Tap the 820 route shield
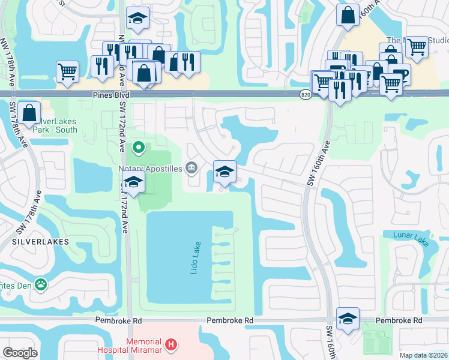pos(305,95)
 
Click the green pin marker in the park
pos(138,146)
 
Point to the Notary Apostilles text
pos(150,169)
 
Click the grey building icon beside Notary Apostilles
pos(191,167)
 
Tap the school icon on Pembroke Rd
pos(348,319)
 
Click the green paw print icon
pos(41,284)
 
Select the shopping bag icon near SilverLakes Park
pos(29,112)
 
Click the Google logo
pos(20,352)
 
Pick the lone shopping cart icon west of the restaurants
pos(67,71)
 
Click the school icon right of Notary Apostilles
pos(224,172)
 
